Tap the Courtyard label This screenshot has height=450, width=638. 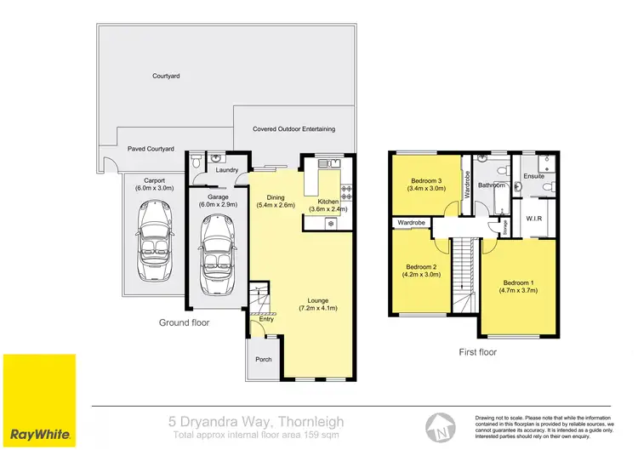click(x=167, y=76)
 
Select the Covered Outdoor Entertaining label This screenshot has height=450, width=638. click(x=293, y=129)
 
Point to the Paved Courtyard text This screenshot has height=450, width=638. click(x=151, y=149)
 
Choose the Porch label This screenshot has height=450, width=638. click(x=264, y=359)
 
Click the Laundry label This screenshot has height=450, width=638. click(x=227, y=170)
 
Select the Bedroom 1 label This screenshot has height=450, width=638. click(x=517, y=282)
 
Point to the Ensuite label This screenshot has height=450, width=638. click(x=533, y=176)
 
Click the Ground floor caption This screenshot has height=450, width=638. click(x=184, y=322)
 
